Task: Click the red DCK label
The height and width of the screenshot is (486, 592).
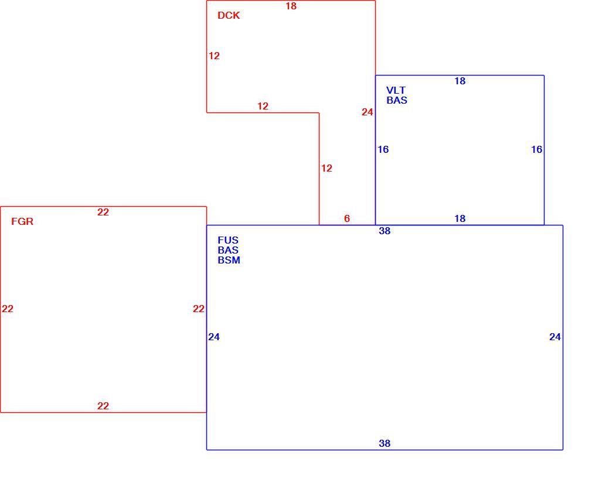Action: (x=229, y=15)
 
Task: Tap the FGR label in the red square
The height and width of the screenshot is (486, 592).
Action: (x=22, y=221)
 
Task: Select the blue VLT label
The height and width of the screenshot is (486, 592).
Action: (x=396, y=91)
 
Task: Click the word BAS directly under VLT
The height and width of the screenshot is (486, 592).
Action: (x=397, y=100)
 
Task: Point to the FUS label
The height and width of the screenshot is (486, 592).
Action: (x=228, y=240)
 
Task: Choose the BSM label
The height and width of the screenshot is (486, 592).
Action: (x=229, y=260)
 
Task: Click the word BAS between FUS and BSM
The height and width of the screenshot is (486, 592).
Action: (x=228, y=251)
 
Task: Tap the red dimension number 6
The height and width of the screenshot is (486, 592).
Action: (x=347, y=218)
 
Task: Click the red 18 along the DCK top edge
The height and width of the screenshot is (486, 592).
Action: (x=291, y=6)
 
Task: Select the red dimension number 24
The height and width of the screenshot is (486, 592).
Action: (x=368, y=112)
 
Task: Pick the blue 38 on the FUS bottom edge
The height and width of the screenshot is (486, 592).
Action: (x=385, y=443)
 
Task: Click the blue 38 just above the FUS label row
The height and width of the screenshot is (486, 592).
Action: (x=385, y=231)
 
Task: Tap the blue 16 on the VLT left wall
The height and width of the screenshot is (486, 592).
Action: (x=383, y=150)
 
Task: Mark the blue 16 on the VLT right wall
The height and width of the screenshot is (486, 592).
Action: (x=537, y=150)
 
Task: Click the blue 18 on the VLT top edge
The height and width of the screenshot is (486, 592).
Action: (x=460, y=81)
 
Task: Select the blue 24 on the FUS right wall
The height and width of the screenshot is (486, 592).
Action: (x=555, y=337)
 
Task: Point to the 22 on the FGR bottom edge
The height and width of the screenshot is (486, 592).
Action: (x=103, y=406)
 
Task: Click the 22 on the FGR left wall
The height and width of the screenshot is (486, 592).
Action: (x=8, y=309)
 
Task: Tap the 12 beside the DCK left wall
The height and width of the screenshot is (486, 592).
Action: (x=214, y=56)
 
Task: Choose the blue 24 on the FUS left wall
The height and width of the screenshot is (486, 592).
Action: (x=214, y=337)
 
